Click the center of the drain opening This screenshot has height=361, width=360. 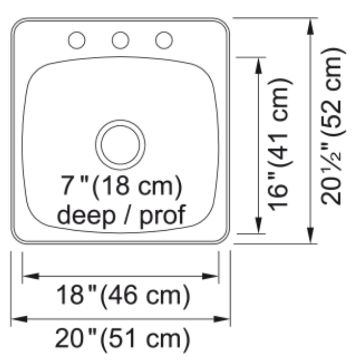click(120, 145)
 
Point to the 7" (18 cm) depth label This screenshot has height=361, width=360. click(121, 187)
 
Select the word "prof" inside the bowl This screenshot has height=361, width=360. click(163, 215)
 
